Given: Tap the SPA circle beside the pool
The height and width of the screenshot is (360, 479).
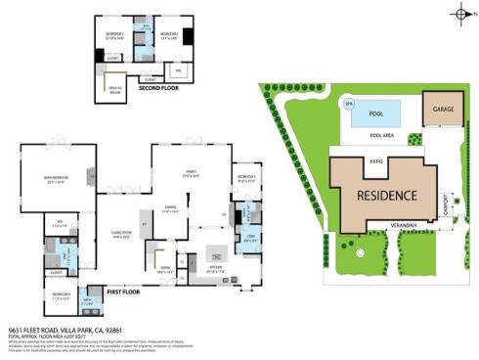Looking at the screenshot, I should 348,103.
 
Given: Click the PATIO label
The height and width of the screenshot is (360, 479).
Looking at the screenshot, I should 375,159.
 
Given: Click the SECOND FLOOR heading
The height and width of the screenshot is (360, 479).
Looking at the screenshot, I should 157,88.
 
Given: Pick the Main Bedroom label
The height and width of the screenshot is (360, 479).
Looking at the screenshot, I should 55,178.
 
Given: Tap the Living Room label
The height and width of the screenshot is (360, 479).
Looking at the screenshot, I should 121,234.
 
